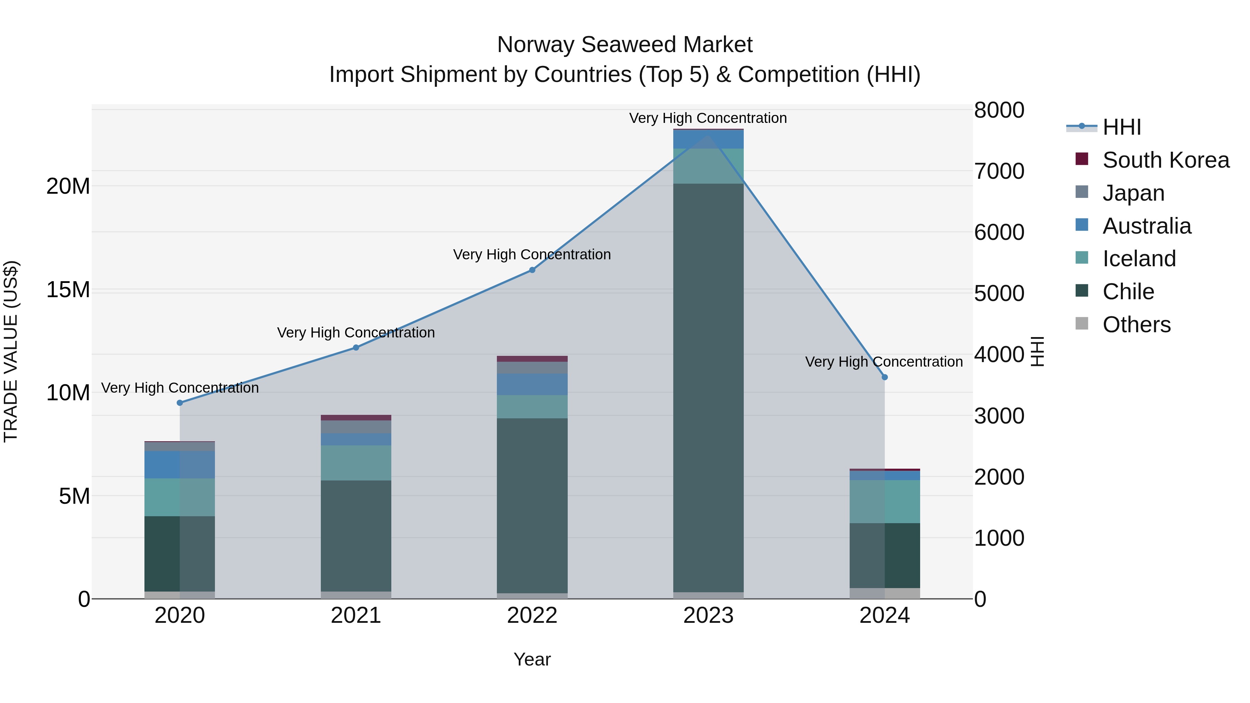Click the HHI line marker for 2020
[x=180, y=403]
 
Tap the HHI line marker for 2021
[x=356, y=348]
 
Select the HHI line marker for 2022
[x=532, y=270]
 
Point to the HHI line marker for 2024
[x=885, y=377]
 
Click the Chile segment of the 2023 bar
[x=708, y=388]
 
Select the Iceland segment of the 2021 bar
[x=356, y=463]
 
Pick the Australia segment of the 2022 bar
[x=532, y=384]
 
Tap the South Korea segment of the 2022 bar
[x=532, y=359]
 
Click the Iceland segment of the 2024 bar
[x=885, y=502]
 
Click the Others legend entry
[x=1136, y=325]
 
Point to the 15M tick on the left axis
[x=68, y=290]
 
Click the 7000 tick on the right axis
[x=999, y=171]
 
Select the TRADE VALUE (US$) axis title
[x=11, y=351]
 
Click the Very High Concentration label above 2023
[x=708, y=118]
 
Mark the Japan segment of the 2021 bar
[x=356, y=427]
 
